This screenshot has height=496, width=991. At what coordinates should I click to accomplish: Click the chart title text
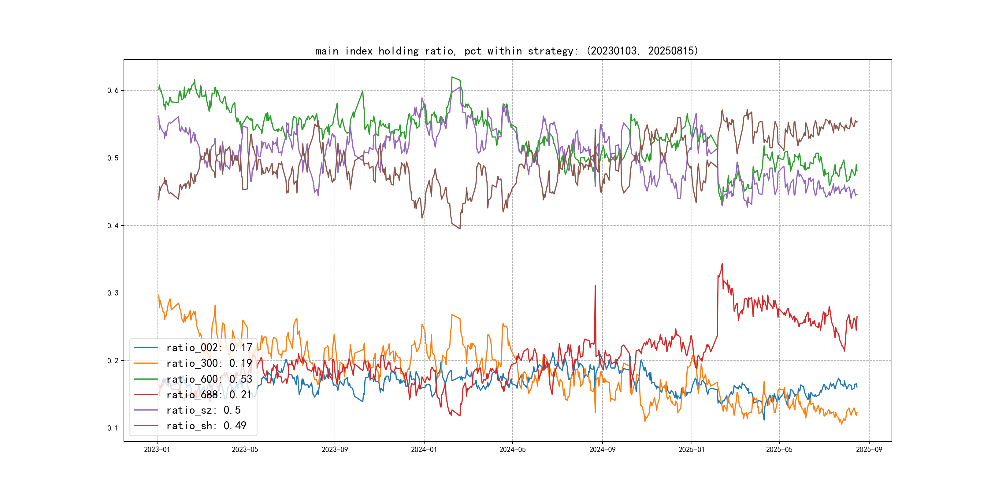[506, 51]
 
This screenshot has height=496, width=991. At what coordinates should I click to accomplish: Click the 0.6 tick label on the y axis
[113, 91]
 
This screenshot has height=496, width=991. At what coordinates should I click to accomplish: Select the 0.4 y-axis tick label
[113, 226]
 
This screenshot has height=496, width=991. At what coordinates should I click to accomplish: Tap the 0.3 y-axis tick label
[113, 293]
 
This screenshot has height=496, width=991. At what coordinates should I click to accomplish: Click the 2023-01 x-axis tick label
[157, 449]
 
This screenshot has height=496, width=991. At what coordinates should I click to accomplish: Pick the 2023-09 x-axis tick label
[335, 449]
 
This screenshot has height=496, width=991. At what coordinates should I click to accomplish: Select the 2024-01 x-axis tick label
[424, 449]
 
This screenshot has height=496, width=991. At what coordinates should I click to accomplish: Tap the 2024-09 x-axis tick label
[603, 449]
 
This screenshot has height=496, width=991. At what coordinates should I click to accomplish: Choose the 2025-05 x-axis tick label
[779, 449]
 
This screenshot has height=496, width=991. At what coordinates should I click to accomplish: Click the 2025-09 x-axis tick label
[869, 449]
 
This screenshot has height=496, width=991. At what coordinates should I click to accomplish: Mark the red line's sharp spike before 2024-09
[595, 286]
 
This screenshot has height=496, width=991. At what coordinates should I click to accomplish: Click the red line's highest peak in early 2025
[722, 264]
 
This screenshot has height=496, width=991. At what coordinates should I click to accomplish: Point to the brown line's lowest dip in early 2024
[460, 229]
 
